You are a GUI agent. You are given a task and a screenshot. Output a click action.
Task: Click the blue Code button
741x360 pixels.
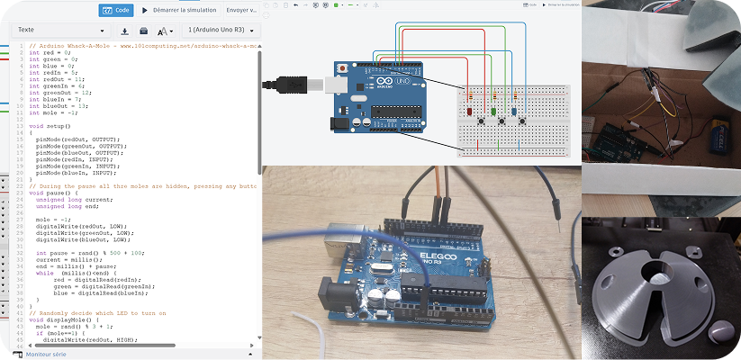tap(116, 10)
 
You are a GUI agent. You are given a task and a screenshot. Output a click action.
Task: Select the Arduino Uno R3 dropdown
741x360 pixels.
tap(217, 30)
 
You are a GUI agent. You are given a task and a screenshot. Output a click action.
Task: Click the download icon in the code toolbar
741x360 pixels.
tap(125, 31)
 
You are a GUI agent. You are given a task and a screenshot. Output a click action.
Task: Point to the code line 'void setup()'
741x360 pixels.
tap(50, 127)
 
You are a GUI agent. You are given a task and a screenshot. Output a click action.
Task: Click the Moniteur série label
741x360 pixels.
tap(47, 355)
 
